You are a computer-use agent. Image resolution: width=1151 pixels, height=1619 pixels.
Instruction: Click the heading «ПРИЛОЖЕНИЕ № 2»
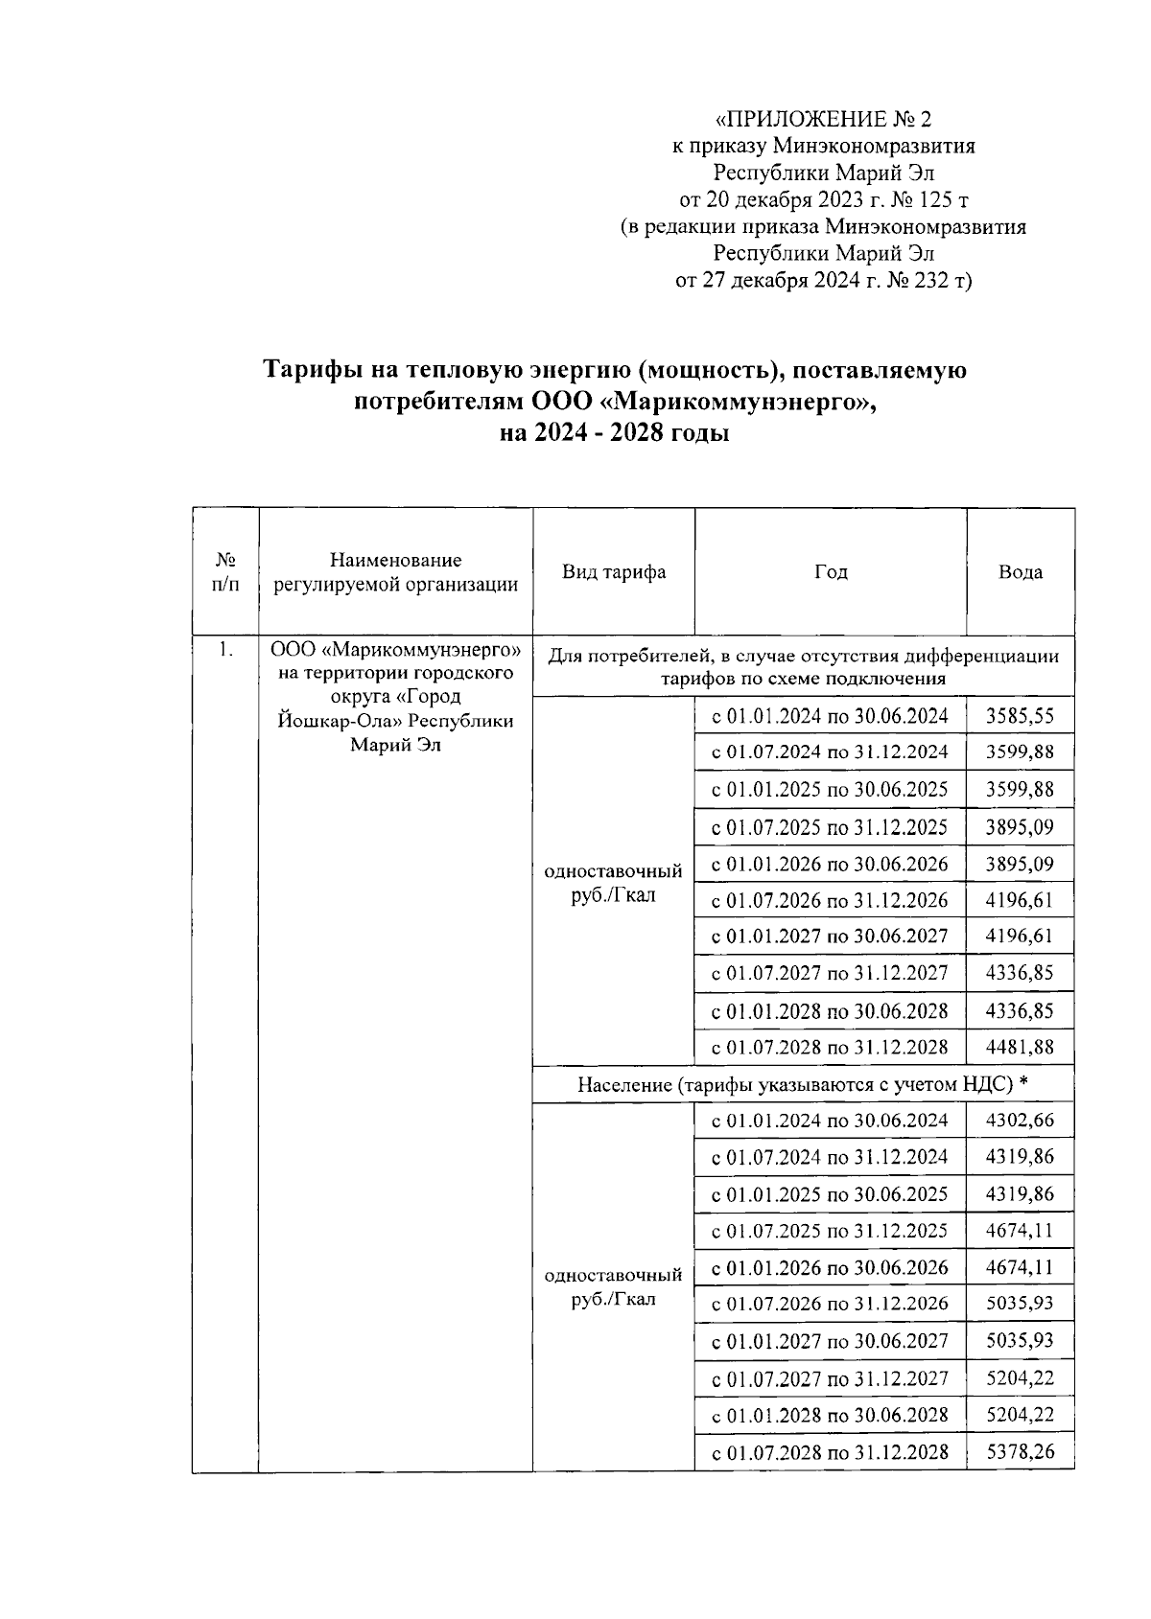[824, 120]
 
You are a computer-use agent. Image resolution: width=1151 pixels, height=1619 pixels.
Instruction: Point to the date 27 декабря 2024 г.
[794, 281]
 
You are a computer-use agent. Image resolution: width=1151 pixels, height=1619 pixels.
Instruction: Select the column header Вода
[1020, 572]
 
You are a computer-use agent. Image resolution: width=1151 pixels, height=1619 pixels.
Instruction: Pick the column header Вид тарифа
[614, 572]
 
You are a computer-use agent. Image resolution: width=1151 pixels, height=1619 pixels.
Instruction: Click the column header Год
[831, 572]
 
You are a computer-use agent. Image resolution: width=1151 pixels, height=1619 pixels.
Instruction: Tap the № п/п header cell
[225, 572]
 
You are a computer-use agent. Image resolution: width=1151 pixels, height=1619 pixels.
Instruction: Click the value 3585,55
[1020, 715]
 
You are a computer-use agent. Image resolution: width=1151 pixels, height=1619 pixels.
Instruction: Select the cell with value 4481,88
[1020, 1047]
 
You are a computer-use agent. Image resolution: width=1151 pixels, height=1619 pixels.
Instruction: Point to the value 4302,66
[1020, 1120]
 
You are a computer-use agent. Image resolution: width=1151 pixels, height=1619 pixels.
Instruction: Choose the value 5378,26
[1020, 1451]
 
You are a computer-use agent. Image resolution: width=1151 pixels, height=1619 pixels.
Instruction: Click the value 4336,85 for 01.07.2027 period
[1020, 973]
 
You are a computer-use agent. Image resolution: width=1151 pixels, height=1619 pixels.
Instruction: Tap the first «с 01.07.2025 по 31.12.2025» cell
[830, 826]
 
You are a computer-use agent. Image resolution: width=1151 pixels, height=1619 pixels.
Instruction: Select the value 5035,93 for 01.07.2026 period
[1020, 1303]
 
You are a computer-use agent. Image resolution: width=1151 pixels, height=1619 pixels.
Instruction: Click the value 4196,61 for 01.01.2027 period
[1020, 936]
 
